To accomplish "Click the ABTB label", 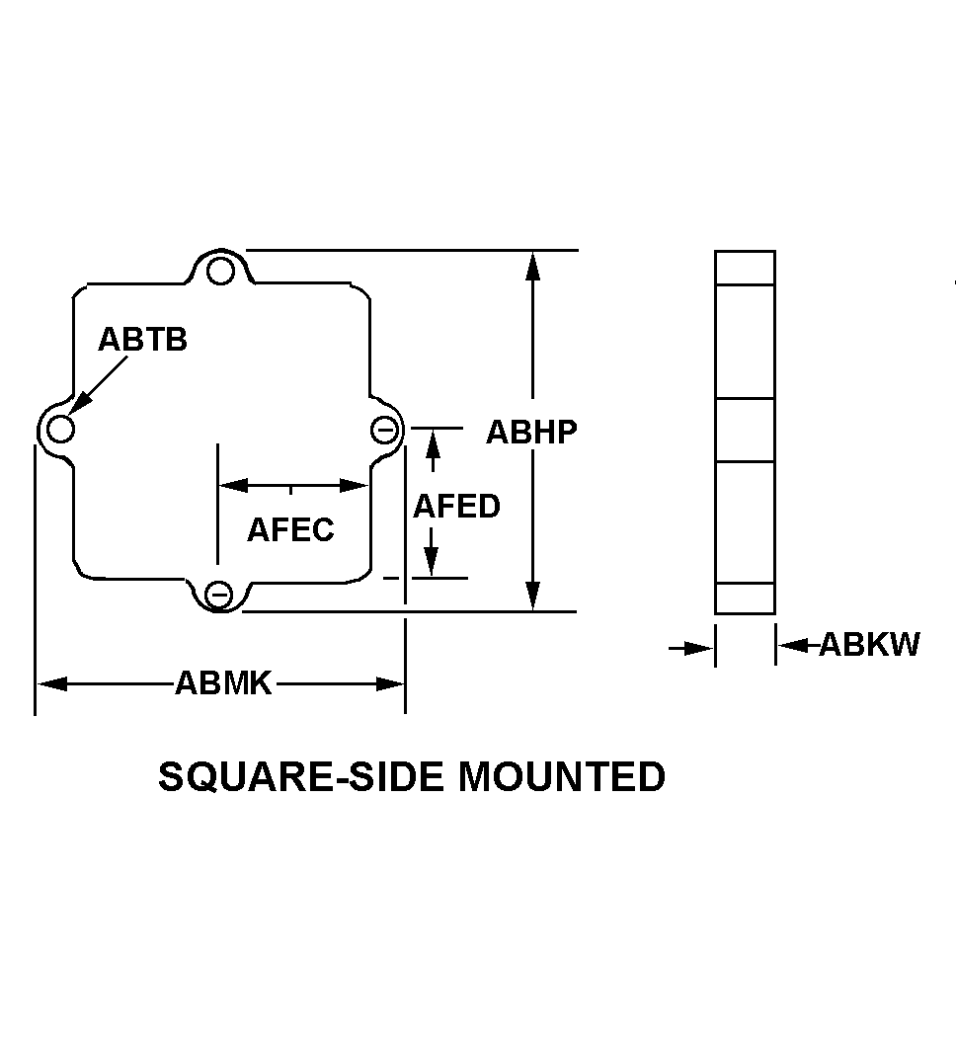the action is point(142,340).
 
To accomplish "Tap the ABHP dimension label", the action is point(531,432).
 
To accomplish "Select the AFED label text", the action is point(456,507).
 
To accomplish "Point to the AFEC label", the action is point(291,529).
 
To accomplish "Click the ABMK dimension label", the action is point(223,683).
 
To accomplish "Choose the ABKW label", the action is point(869,644).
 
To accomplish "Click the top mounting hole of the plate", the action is point(220,272).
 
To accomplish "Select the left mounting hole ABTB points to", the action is point(61,429).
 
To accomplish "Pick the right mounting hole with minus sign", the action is point(384,431).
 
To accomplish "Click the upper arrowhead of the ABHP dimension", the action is point(533,266).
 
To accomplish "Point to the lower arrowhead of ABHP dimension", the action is point(533,597).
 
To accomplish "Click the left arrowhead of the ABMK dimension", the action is point(51,683).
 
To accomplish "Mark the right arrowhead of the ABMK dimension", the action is point(390,683).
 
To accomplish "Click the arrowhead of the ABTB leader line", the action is point(78,405).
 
